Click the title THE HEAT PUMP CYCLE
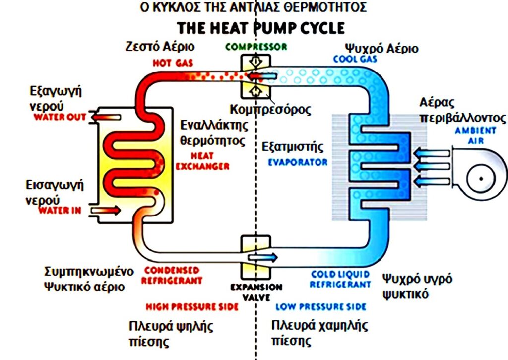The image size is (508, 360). (x=261, y=28)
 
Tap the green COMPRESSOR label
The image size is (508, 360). (x=256, y=47)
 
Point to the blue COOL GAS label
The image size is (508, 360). (x=355, y=59)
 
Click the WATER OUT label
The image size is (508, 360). (x=60, y=118)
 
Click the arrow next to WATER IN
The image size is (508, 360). (x=106, y=211)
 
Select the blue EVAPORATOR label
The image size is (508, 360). (x=298, y=162)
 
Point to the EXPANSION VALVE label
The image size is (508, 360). (x=256, y=292)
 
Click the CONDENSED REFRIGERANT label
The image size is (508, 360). (x=172, y=275)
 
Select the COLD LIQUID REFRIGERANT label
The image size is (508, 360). (x=340, y=279)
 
